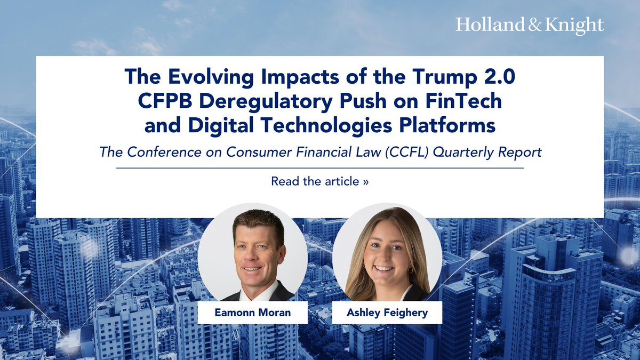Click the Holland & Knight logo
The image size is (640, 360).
[530, 25]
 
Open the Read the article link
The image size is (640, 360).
[319, 181]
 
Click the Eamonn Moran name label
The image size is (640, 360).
[252, 313]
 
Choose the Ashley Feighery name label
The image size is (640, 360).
[387, 313]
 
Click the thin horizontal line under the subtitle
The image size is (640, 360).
[319, 168]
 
